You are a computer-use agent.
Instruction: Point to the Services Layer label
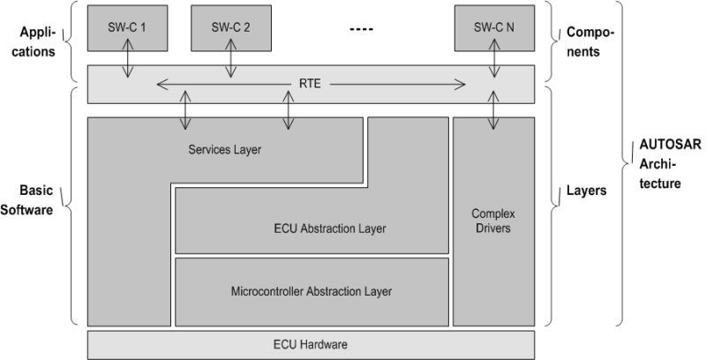pos(225,149)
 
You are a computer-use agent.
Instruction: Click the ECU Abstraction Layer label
pos(330,229)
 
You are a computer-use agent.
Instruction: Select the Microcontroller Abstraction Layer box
pos(311,290)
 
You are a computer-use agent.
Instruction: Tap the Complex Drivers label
pos(493,221)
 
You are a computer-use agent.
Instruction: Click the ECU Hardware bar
pos(312,343)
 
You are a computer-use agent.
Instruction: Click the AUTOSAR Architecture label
pos(659,164)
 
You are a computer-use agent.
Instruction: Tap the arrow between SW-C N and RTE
pos(492,60)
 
